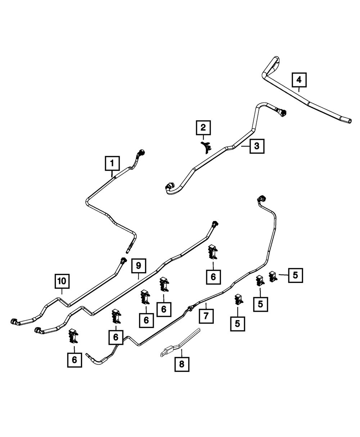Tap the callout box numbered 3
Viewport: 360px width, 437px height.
(257, 146)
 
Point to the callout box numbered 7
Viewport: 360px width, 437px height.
(206, 316)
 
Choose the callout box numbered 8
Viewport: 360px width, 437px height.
(181, 364)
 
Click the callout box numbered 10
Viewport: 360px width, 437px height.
(62, 281)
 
